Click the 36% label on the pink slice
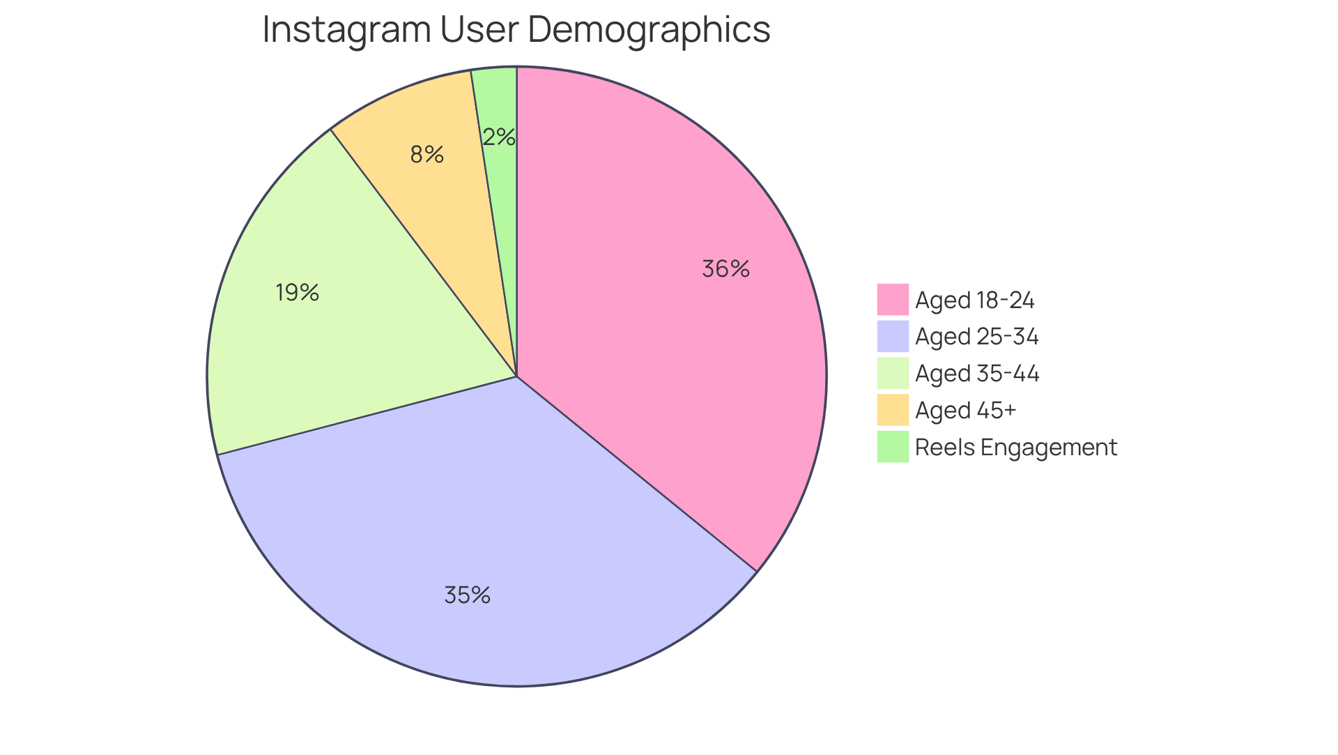pyautogui.click(x=725, y=269)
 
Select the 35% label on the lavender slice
pyautogui.click(x=468, y=595)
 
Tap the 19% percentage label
pyautogui.click(x=297, y=292)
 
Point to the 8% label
pyautogui.click(x=426, y=154)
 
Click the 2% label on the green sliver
pyautogui.click(x=499, y=137)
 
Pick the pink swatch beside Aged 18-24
pyautogui.click(x=893, y=299)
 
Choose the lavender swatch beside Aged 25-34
pyautogui.click(x=893, y=336)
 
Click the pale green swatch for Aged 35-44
pyautogui.click(x=893, y=373)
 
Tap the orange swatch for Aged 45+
pyautogui.click(x=893, y=410)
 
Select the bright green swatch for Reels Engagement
pyautogui.click(x=893, y=447)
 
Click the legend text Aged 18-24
pyautogui.click(x=974, y=300)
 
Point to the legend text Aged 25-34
pyautogui.click(x=976, y=337)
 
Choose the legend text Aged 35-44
pyautogui.click(x=977, y=374)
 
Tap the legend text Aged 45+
pyautogui.click(x=965, y=411)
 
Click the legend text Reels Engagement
pyautogui.click(x=1015, y=448)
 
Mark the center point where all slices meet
pyautogui.click(x=517, y=377)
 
